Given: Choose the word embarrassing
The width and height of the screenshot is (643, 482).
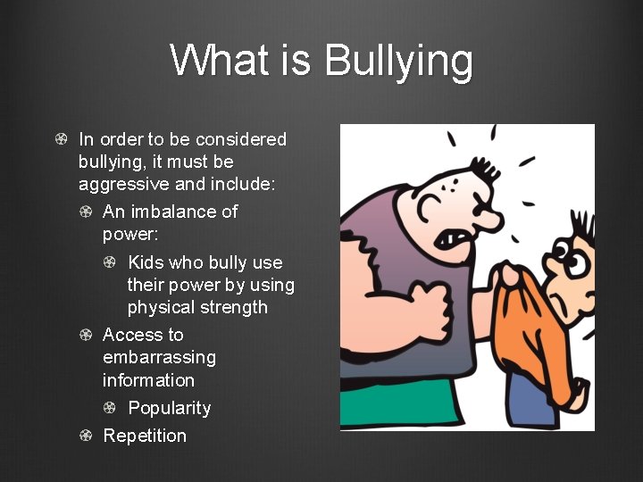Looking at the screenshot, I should click(159, 357).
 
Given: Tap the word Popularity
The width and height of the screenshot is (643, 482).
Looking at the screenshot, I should click(170, 408).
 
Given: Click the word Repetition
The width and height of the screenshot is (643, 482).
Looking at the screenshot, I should click(145, 436).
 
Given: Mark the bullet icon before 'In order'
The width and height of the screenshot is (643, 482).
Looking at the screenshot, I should click(60, 139).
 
